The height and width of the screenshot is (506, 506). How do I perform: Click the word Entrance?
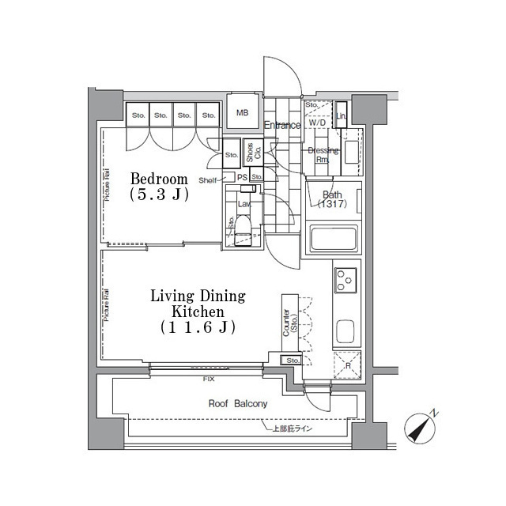coord(282,126)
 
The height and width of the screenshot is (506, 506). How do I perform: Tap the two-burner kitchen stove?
coord(346,279)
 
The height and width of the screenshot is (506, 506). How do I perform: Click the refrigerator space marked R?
coord(346,364)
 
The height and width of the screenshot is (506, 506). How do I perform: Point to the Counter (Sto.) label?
coord(289,323)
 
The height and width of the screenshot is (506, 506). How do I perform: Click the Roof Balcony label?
coord(238,403)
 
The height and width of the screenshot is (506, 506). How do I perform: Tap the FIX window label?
coord(209,380)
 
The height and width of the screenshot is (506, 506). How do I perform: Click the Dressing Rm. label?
coord(323,154)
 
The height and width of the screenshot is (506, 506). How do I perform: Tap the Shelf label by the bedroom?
coord(208,180)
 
